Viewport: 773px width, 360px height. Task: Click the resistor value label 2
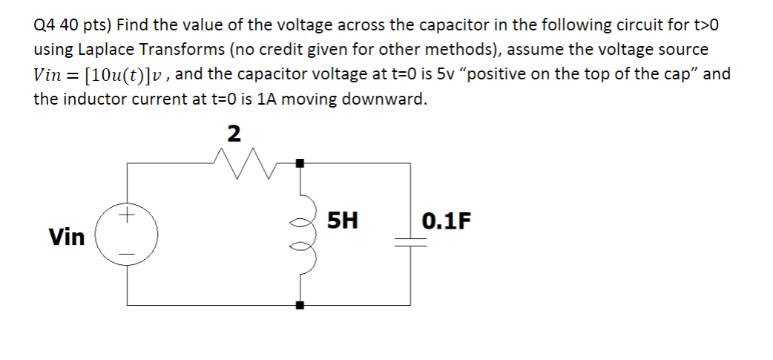point(234,134)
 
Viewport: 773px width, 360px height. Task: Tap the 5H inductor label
point(342,220)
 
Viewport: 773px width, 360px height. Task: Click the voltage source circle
point(127,236)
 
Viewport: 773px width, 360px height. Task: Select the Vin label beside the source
point(67,237)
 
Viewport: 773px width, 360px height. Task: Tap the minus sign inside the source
point(127,255)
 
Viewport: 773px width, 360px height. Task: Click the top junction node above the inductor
point(300,162)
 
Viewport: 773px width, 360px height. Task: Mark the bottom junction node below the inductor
point(300,304)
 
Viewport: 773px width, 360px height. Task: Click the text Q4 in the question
point(46,25)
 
